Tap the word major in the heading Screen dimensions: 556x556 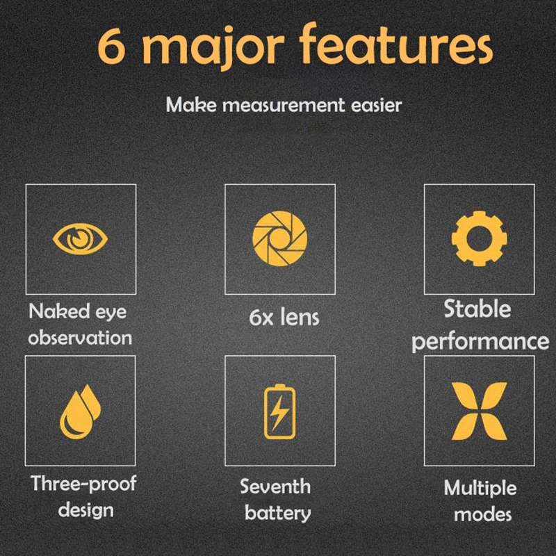213,48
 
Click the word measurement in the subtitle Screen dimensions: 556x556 284,106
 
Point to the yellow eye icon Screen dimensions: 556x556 80,238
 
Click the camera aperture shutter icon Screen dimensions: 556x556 280,238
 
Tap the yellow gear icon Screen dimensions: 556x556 479,238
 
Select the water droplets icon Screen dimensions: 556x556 80,411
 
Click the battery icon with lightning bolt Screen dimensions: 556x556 280,411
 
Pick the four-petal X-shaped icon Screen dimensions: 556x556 479,411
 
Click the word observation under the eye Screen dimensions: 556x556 80,338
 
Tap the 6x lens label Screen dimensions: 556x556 284,317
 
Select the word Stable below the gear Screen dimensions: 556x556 477,309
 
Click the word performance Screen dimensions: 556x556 480,342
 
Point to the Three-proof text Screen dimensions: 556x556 83,484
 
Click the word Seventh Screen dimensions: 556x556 275,486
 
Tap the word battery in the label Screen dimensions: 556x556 277,514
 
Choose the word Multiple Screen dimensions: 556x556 480,489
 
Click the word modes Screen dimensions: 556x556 483,514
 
